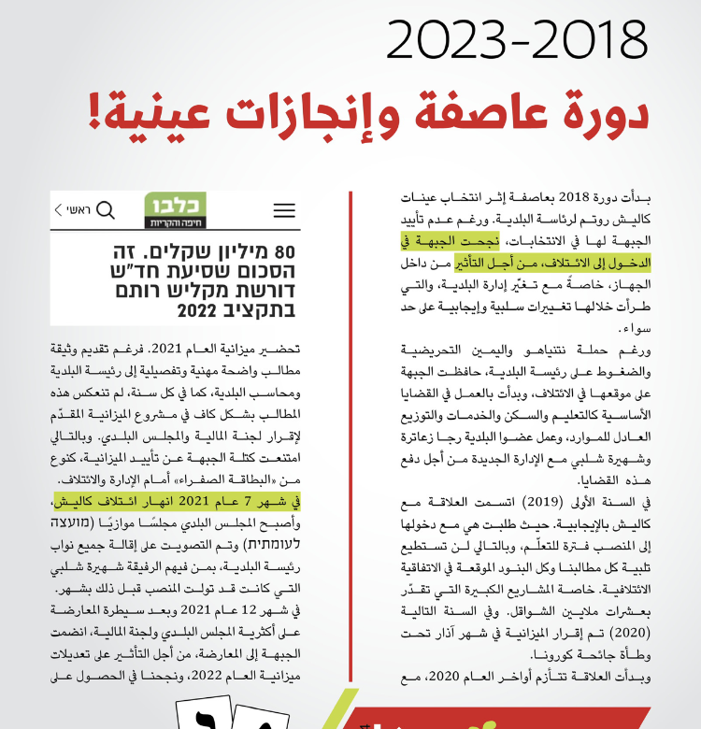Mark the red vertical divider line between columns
pos(349,421)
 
